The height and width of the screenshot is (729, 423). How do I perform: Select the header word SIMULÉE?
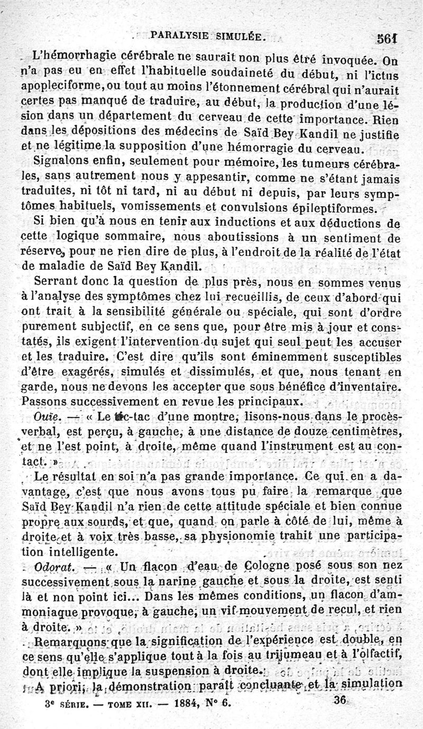(x=238, y=37)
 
